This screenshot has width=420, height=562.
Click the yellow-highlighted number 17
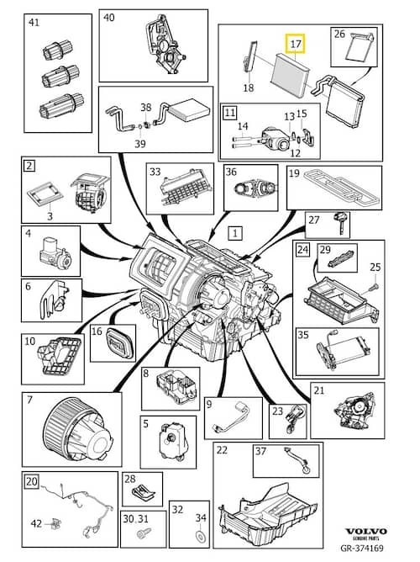point(296,44)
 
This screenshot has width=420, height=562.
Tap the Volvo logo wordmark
point(365,531)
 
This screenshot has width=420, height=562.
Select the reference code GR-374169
point(362,548)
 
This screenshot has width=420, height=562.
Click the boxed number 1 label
point(235,233)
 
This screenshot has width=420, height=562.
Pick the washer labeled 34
point(200,537)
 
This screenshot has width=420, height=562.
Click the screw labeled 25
point(375,287)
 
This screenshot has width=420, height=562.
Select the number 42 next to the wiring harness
point(36,523)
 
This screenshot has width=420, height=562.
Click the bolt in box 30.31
point(144,533)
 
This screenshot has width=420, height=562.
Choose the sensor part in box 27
point(340,223)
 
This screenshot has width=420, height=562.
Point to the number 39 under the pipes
point(140,144)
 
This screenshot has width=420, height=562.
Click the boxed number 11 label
point(229,113)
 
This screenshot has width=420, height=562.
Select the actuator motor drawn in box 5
point(173,441)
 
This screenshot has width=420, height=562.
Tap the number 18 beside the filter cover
point(249,87)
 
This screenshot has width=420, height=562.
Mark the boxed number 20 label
point(31,481)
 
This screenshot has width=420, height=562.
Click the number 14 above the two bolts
point(243,126)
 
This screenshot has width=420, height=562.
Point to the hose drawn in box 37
point(297,461)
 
